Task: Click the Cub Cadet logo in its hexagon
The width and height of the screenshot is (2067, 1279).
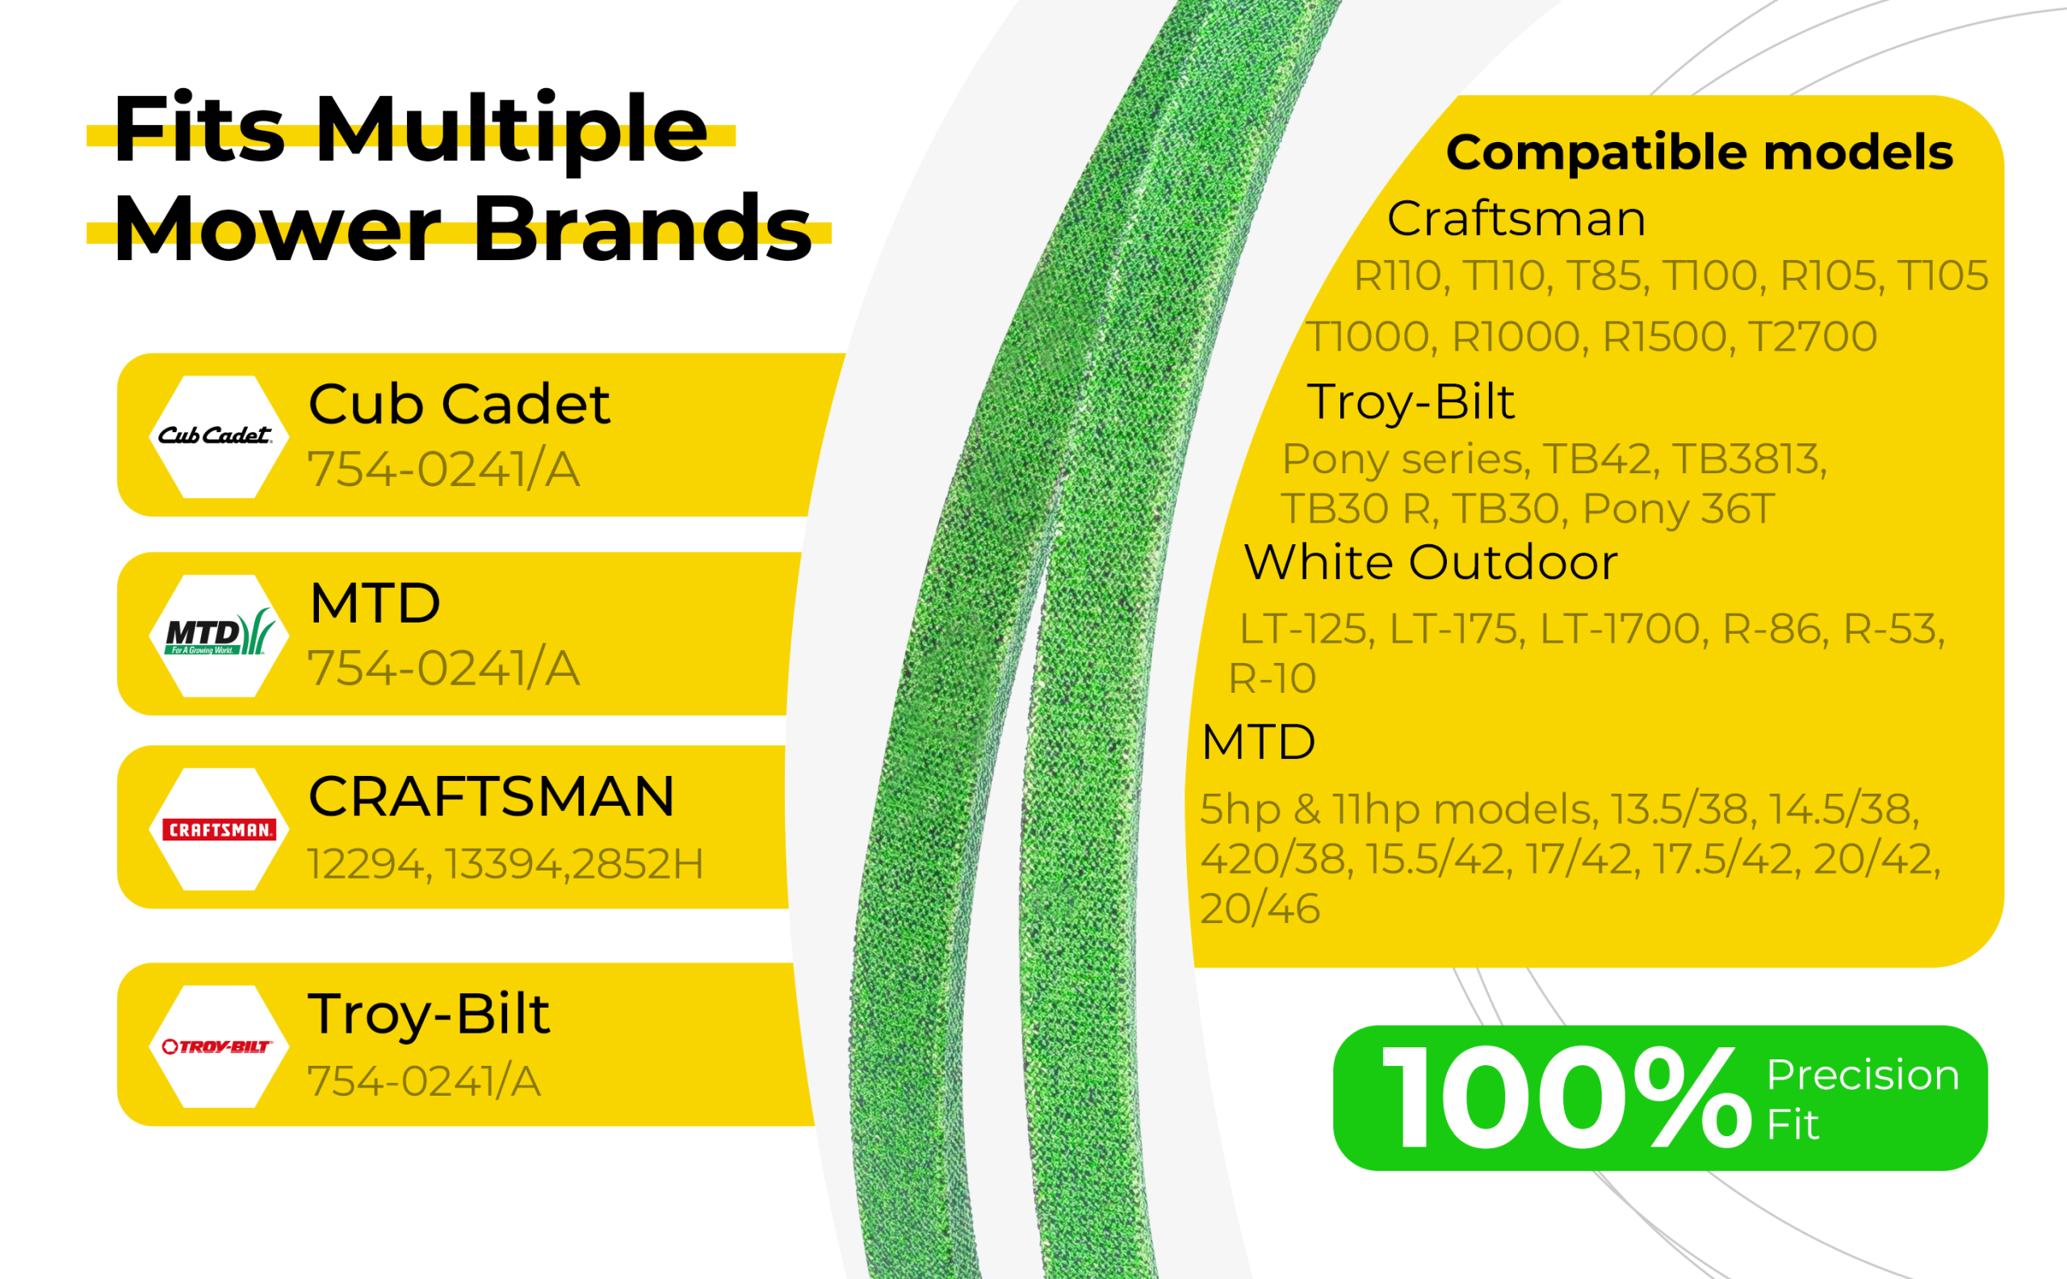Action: (x=216, y=436)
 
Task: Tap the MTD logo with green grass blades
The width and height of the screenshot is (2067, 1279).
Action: (x=220, y=632)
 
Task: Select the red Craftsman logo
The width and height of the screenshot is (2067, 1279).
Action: (x=219, y=829)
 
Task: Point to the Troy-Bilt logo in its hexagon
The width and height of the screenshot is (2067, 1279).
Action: (x=216, y=1046)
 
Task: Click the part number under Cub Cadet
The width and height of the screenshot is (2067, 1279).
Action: (x=443, y=469)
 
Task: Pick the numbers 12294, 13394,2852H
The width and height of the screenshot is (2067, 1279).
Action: (x=505, y=864)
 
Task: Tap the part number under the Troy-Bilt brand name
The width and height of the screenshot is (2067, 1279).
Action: (x=424, y=1081)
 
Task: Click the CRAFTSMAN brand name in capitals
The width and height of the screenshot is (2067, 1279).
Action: (x=492, y=797)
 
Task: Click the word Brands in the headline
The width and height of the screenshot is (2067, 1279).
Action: (x=643, y=229)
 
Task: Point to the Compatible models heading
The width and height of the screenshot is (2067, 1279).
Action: (x=1700, y=153)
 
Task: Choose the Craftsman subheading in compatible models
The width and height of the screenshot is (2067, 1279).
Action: (x=1517, y=218)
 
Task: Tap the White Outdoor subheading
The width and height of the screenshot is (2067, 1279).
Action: (x=1431, y=562)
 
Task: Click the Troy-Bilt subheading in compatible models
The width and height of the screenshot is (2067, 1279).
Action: (x=1411, y=403)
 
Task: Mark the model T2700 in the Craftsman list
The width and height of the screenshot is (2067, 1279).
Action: (x=1813, y=337)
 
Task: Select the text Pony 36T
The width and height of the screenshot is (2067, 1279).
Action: (x=1678, y=509)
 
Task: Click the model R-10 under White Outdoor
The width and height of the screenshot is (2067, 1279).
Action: (x=1272, y=677)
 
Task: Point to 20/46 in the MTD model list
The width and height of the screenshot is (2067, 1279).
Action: (x=1260, y=908)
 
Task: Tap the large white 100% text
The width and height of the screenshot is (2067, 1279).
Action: (x=1567, y=1097)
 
